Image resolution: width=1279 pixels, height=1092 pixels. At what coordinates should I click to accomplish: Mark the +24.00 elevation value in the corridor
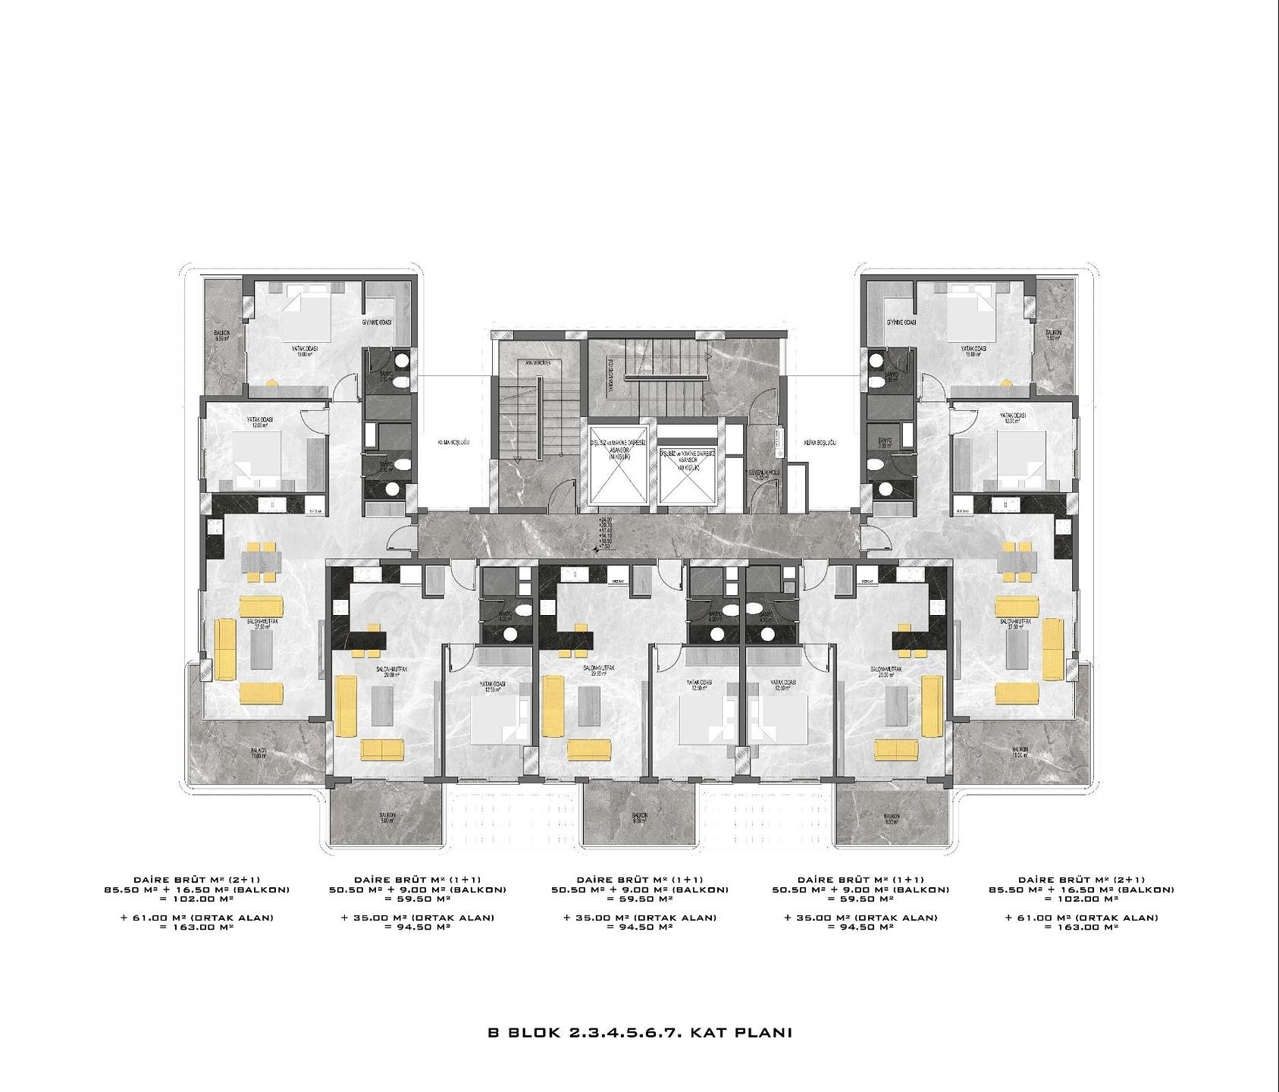click(605, 519)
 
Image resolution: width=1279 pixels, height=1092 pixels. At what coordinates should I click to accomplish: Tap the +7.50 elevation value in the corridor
click(605, 546)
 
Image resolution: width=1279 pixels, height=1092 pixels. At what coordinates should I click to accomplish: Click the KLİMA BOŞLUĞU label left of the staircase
click(454, 441)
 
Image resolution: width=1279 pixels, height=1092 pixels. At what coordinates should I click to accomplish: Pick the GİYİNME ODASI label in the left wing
click(375, 323)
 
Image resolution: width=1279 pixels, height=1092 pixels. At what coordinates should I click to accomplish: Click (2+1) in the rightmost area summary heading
click(1131, 880)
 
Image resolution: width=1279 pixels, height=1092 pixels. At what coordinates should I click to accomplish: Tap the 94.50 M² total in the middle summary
click(640, 927)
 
